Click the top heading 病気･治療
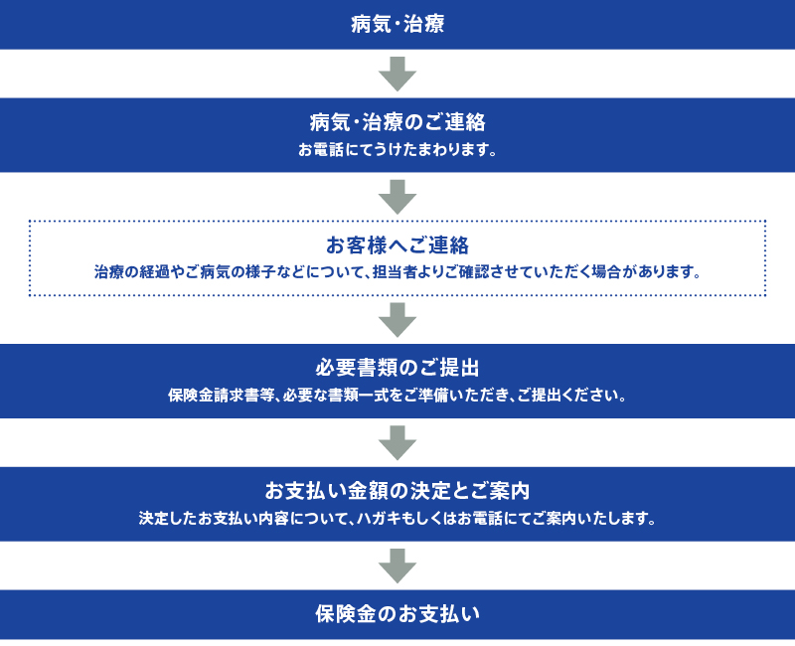click(x=397, y=24)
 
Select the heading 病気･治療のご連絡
click(x=397, y=122)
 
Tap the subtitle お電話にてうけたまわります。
click(x=397, y=150)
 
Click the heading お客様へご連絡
click(x=397, y=245)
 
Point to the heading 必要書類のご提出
click(x=397, y=368)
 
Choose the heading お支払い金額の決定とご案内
click(x=397, y=491)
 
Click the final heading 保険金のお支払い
click(x=397, y=614)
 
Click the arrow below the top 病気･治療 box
click(x=397, y=74)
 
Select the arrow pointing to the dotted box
click(x=397, y=197)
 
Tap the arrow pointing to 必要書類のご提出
click(x=397, y=320)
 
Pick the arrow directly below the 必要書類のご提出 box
click(x=397, y=442)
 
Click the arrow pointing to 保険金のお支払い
click(x=397, y=565)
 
